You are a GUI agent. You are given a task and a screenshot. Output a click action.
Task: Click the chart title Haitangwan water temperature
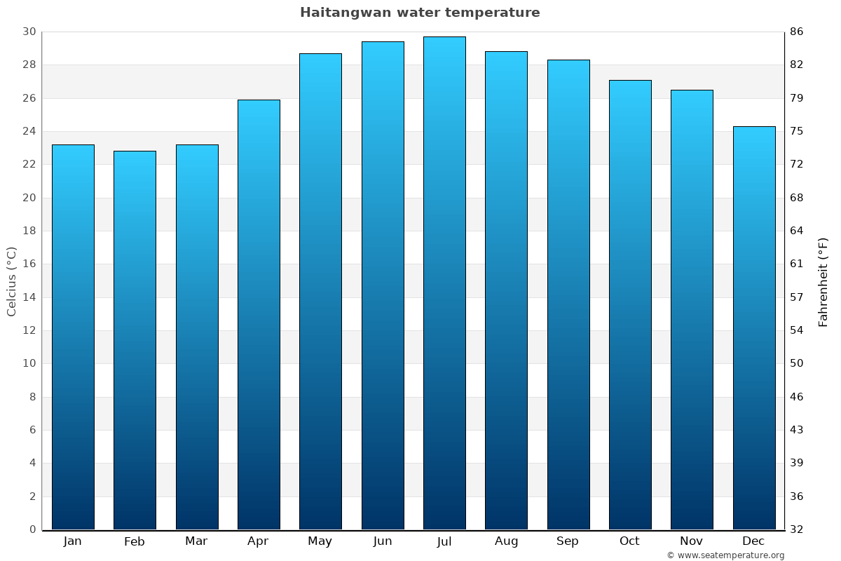[420, 13]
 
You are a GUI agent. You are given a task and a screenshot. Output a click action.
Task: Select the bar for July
[444, 283]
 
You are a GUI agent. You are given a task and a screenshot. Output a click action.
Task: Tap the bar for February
[135, 340]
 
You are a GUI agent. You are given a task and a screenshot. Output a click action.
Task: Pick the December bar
[754, 327]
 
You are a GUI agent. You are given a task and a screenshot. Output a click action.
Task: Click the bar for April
[259, 314]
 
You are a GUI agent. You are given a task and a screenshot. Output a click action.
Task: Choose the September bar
[568, 295]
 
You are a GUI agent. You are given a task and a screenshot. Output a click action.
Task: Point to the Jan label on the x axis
[73, 541]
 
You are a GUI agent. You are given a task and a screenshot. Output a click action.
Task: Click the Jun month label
[383, 541]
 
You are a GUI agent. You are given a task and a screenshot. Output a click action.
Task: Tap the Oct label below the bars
[630, 541]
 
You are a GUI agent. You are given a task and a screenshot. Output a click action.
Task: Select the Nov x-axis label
[692, 541]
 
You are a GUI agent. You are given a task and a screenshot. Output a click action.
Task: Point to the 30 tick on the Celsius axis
[29, 32]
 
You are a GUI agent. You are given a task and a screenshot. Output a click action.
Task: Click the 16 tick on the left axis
[29, 264]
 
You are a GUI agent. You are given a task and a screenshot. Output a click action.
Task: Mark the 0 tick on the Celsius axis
[32, 529]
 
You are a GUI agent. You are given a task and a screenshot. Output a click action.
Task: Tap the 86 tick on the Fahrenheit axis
[797, 32]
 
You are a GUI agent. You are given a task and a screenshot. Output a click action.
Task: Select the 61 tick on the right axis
[797, 264]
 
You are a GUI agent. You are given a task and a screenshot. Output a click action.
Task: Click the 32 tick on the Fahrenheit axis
[797, 529]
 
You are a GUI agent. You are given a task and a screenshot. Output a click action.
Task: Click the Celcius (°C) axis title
[11, 280]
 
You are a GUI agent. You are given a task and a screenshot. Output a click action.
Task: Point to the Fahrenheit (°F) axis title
[823, 281]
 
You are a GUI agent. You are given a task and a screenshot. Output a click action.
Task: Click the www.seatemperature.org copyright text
[725, 555]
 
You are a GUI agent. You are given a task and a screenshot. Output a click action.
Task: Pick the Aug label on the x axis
[506, 541]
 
